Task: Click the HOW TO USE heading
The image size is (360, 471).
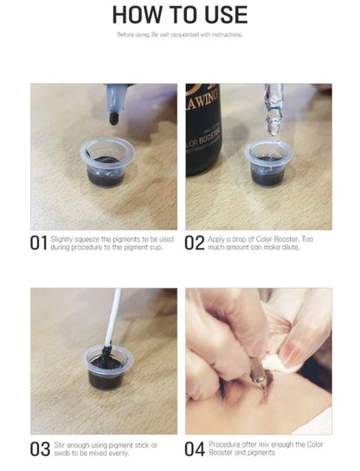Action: click(180, 15)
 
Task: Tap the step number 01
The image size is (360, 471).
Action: click(39, 243)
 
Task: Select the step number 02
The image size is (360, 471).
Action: click(194, 243)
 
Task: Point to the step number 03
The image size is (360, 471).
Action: click(40, 449)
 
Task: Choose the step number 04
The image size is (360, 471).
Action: click(195, 449)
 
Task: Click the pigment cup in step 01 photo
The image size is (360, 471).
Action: click(107, 162)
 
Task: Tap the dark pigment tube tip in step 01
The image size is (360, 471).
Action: click(114, 119)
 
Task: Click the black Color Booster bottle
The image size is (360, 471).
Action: click(203, 130)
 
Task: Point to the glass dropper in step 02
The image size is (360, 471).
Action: click(273, 110)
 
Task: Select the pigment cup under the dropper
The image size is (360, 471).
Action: click(268, 164)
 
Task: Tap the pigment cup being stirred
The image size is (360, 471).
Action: click(107, 367)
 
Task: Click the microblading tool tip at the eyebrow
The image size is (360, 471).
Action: click(262, 381)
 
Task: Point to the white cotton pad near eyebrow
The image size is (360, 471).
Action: click(278, 363)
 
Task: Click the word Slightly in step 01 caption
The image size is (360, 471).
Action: click(61, 240)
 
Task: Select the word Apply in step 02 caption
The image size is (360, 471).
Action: click(215, 240)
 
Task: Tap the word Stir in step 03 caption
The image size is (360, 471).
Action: click(59, 445)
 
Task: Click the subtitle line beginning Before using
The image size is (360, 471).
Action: click(179, 35)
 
